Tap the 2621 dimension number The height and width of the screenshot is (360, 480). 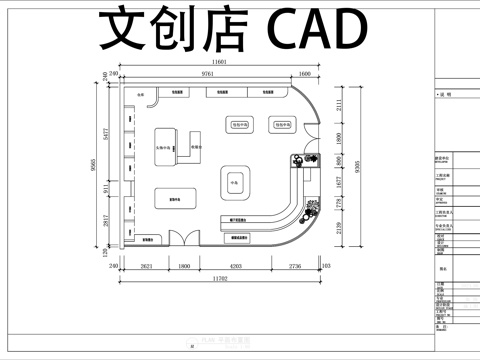[145, 268]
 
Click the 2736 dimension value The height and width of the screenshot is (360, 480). [295, 268]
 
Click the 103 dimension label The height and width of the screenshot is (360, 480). [327, 268]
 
